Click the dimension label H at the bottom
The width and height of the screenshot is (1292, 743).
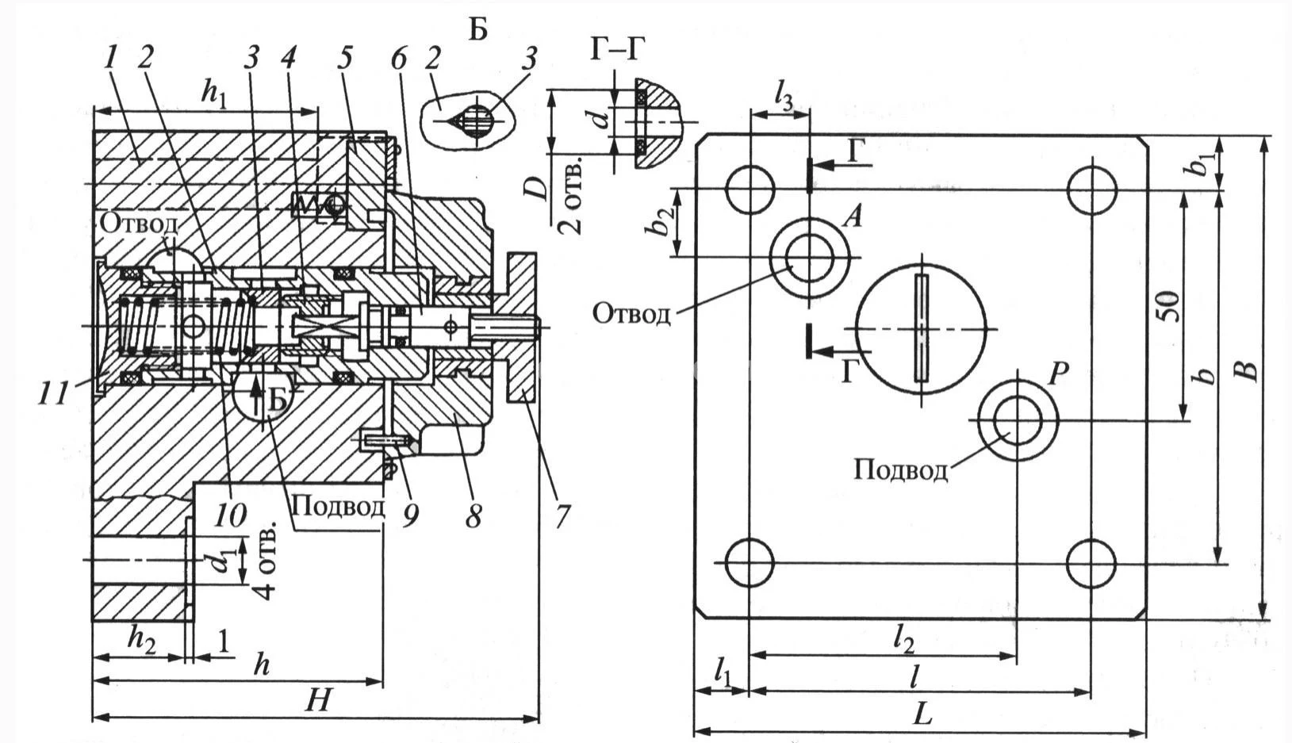[x=320, y=700]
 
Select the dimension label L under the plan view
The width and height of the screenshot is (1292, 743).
[x=922, y=714]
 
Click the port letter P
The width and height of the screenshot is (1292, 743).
[x=1056, y=373]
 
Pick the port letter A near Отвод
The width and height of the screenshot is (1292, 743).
[x=853, y=216]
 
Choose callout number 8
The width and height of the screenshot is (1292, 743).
[x=473, y=516]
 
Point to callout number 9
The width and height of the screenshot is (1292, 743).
[x=410, y=516]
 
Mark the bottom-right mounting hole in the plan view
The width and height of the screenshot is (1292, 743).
[x=1091, y=563]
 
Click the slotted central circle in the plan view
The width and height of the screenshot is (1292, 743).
[x=921, y=328]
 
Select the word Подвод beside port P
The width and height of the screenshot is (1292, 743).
[x=901, y=470]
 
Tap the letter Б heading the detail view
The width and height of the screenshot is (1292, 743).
[x=477, y=29]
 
